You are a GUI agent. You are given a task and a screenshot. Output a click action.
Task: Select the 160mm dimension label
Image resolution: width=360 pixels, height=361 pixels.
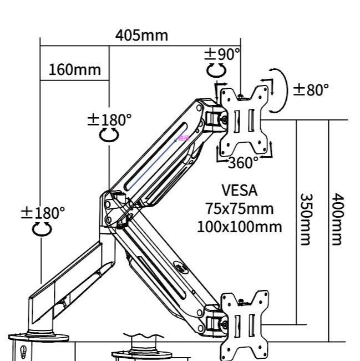[75, 70]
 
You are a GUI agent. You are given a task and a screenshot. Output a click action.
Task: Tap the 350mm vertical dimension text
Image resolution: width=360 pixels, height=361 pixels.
[307, 219]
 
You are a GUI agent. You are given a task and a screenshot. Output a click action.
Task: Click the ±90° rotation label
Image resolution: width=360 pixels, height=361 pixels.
[222, 54]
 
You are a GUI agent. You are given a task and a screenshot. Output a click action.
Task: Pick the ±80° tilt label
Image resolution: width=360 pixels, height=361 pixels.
[311, 89]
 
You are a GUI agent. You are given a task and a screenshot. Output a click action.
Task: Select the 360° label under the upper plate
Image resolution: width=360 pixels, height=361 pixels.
[244, 163]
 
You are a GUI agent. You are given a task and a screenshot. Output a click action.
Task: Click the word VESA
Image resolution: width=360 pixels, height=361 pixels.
[240, 190]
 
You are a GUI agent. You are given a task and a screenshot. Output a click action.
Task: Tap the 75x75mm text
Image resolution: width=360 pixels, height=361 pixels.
[240, 209]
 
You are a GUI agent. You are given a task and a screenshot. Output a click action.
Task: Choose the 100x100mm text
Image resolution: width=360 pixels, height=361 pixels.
[240, 227]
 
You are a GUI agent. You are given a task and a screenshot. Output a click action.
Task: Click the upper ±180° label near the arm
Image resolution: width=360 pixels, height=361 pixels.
[110, 119]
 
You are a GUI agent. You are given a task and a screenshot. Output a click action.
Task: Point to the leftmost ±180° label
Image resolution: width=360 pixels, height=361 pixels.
[43, 213]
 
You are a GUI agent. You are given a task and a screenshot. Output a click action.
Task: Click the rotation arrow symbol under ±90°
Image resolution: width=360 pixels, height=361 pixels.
[216, 70]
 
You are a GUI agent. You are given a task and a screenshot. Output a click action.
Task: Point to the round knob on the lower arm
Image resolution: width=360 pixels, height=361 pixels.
[181, 267]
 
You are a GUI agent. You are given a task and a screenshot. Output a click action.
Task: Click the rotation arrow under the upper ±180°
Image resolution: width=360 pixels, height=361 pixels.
[109, 135]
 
